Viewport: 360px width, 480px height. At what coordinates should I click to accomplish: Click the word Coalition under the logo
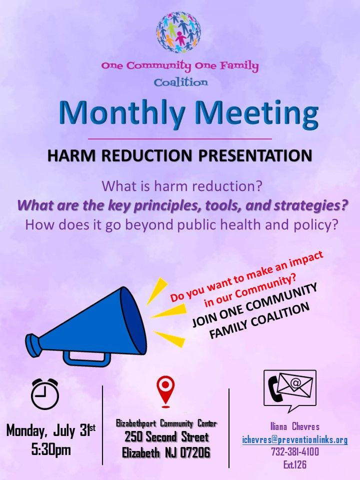(x=180, y=82)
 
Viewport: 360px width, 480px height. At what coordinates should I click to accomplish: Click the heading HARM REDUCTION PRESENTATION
(x=180, y=155)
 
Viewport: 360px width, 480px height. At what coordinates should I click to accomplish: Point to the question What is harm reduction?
(x=182, y=186)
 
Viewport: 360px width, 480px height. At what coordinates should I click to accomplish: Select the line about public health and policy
(x=180, y=224)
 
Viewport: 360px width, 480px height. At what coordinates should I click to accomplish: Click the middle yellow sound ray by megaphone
(x=162, y=313)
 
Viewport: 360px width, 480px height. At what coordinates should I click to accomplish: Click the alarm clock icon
(x=45, y=393)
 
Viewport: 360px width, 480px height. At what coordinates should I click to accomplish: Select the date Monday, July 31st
(x=50, y=430)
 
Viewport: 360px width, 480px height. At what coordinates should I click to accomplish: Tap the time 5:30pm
(x=51, y=449)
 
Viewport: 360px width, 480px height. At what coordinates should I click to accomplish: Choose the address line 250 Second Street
(x=166, y=437)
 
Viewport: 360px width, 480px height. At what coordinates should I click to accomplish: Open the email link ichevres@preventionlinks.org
(x=294, y=439)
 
